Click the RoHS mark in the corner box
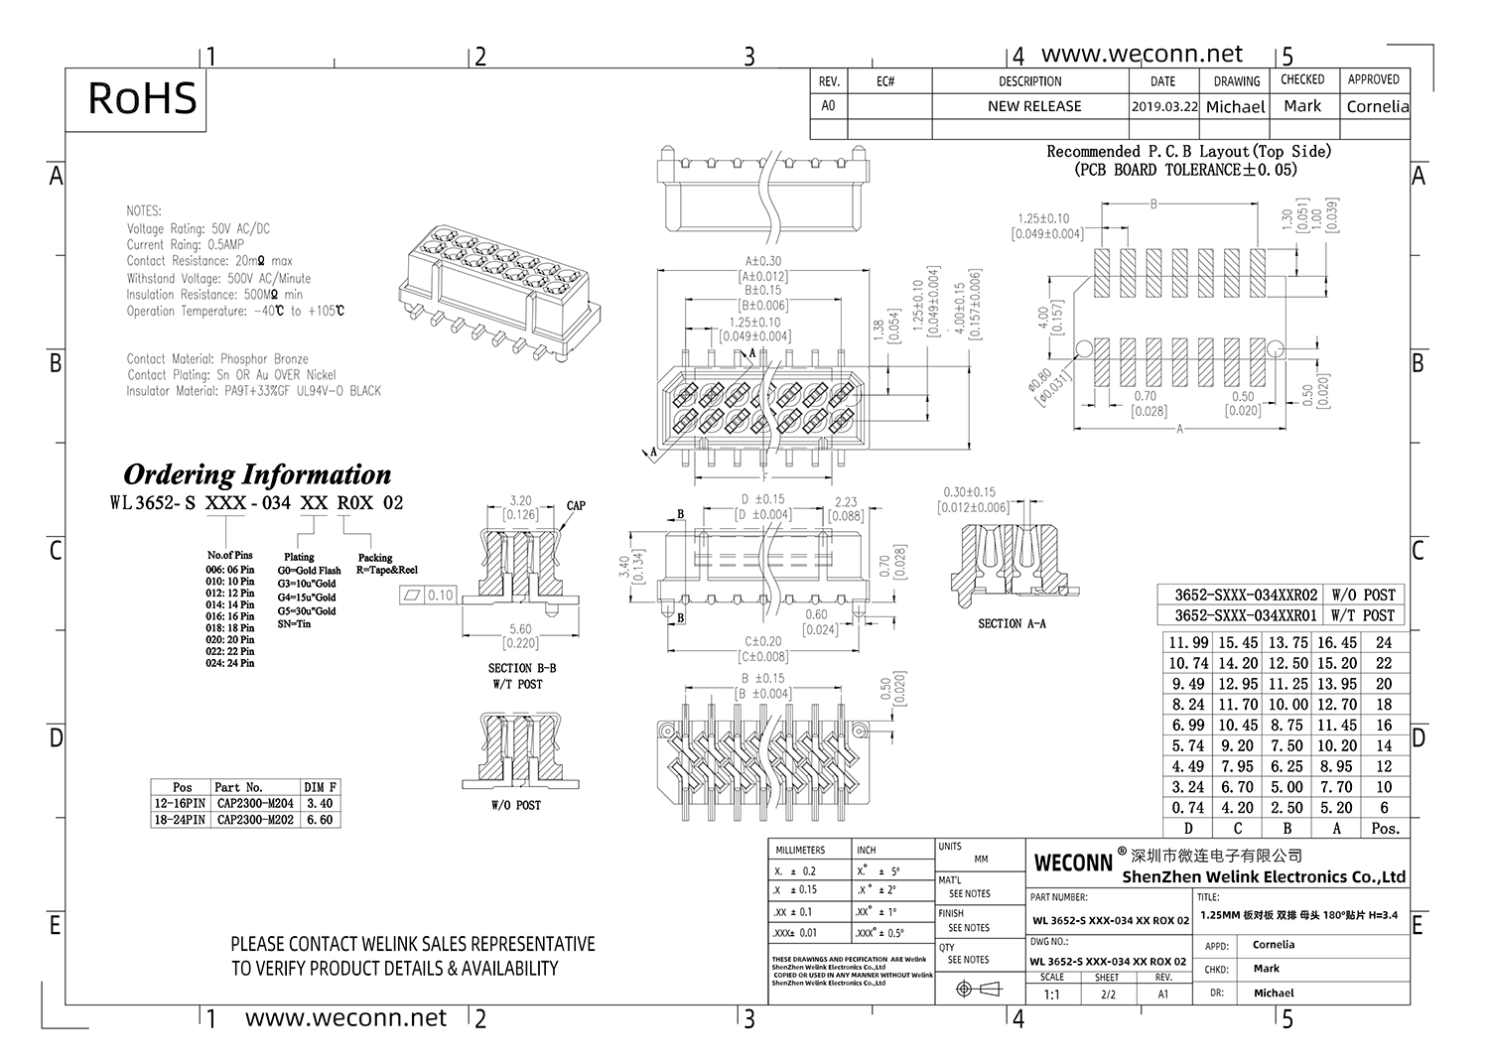[142, 99]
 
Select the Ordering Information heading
[256, 473]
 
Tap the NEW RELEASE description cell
[1033, 106]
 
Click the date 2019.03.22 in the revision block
[1163, 106]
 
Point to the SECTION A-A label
[1011, 623]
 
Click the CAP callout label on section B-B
[576, 505]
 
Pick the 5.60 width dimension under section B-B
[519, 629]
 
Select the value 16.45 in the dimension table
[1336, 643]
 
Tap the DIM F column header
[320, 787]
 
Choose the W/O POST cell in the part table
[1363, 595]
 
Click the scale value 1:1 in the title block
[1051, 995]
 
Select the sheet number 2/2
[1107, 995]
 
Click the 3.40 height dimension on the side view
[623, 567]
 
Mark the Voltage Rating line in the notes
[198, 228]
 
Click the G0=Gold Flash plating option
[309, 571]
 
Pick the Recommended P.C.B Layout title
[1188, 152]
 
